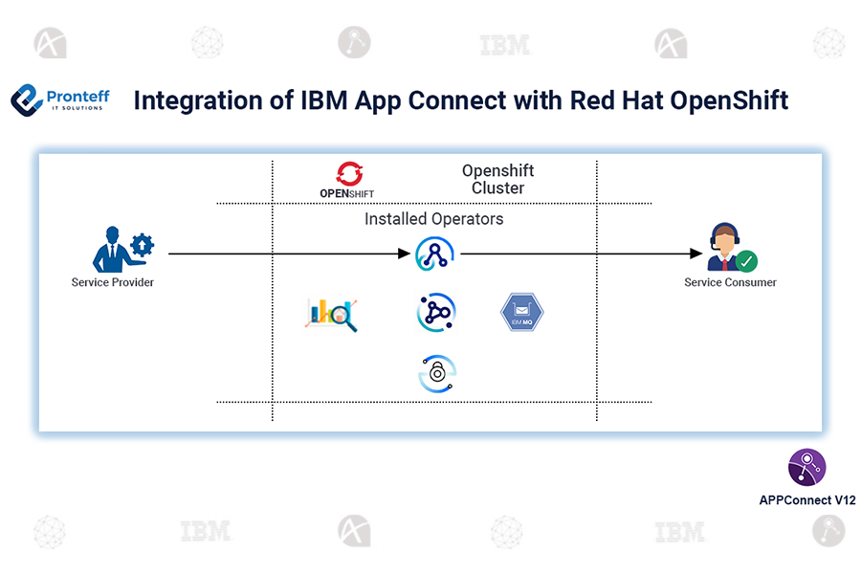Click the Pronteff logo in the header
59,100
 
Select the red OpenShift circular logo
347,173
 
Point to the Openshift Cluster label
497,179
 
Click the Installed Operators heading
433,219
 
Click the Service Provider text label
113,282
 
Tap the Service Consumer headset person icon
723,247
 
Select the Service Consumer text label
730,282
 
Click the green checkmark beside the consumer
746,260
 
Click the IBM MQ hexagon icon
521,313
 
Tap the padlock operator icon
437,374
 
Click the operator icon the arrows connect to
436,254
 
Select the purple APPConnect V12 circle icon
806,468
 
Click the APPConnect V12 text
806,500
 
